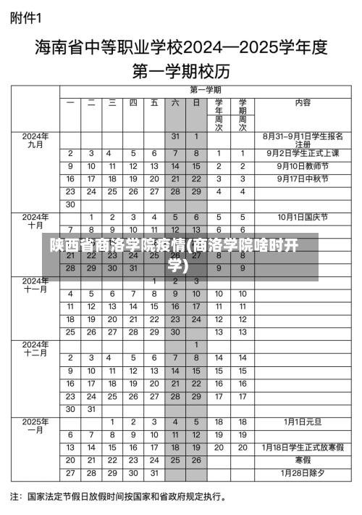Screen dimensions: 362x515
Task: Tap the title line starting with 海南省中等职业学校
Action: click(182, 49)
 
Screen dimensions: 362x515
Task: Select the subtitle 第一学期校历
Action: click(181, 71)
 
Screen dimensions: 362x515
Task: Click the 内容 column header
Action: click(303, 103)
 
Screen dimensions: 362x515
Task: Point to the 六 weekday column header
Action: click(174, 103)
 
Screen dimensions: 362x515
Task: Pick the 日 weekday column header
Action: click(195, 103)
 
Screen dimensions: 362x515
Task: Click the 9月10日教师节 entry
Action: click(302, 166)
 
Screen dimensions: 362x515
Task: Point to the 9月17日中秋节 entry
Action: click(302, 178)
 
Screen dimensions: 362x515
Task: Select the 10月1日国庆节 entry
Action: click(302, 217)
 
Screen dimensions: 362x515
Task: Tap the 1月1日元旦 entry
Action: click(302, 421)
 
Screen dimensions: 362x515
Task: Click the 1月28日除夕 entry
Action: click(302, 473)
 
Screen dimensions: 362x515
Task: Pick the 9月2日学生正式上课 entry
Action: click(302, 153)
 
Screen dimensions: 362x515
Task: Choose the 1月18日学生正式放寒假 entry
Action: click(302, 448)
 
